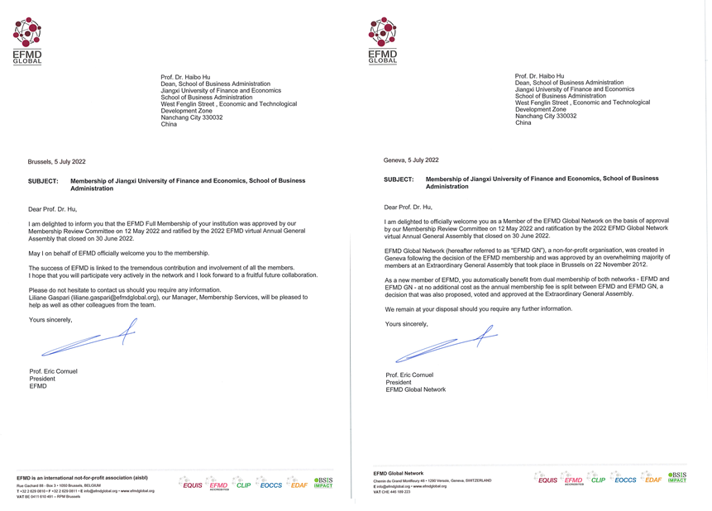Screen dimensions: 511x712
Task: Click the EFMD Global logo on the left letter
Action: coord(27,43)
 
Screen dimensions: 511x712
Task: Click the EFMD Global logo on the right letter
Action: coord(383,41)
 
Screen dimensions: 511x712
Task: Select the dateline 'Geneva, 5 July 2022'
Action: coord(411,160)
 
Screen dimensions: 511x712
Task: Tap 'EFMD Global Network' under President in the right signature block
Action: coord(415,389)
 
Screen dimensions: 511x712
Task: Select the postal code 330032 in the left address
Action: coord(211,117)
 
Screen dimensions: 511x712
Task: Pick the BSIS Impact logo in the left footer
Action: coord(323,482)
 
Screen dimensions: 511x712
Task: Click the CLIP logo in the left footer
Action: coord(241,485)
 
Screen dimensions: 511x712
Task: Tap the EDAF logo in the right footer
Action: coord(651,480)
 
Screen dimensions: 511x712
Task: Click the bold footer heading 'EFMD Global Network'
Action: coord(399,473)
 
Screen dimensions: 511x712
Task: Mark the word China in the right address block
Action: coord(523,123)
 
